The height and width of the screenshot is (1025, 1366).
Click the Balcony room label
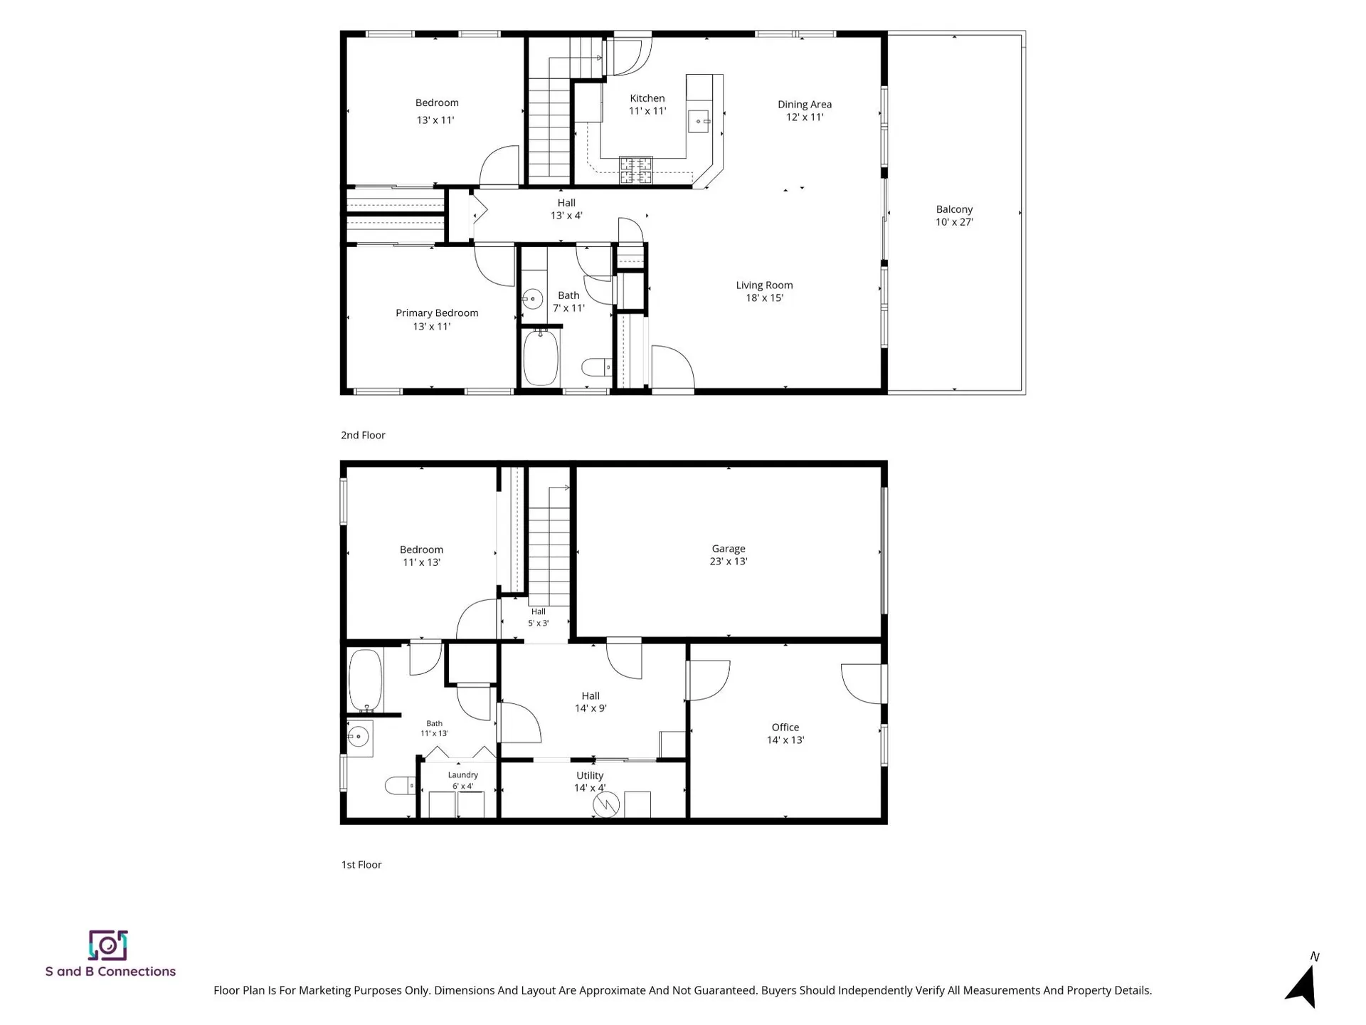tap(954, 209)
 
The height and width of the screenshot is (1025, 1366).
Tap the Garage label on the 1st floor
tap(729, 549)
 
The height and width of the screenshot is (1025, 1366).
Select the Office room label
tap(785, 727)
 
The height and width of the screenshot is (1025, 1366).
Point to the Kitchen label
tap(647, 98)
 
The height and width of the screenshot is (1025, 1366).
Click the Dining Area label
tap(805, 105)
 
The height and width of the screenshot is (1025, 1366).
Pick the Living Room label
tap(764, 285)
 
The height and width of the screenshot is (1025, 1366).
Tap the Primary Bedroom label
tap(437, 313)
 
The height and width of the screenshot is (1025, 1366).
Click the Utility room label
tap(590, 776)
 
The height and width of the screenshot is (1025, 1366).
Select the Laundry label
tap(463, 775)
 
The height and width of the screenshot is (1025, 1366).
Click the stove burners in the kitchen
tap(635, 170)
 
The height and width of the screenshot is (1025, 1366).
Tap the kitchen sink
tap(699, 122)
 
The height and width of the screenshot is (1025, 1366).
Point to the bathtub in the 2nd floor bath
tap(541, 357)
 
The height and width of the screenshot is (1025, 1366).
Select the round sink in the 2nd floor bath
tap(532, 299)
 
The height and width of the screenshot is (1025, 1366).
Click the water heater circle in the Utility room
tap(606, 805)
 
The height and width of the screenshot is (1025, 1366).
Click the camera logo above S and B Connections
tap(107, 945)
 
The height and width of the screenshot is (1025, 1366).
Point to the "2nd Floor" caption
tap(363, 435)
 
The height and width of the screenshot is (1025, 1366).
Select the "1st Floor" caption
tap(361, 865)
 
